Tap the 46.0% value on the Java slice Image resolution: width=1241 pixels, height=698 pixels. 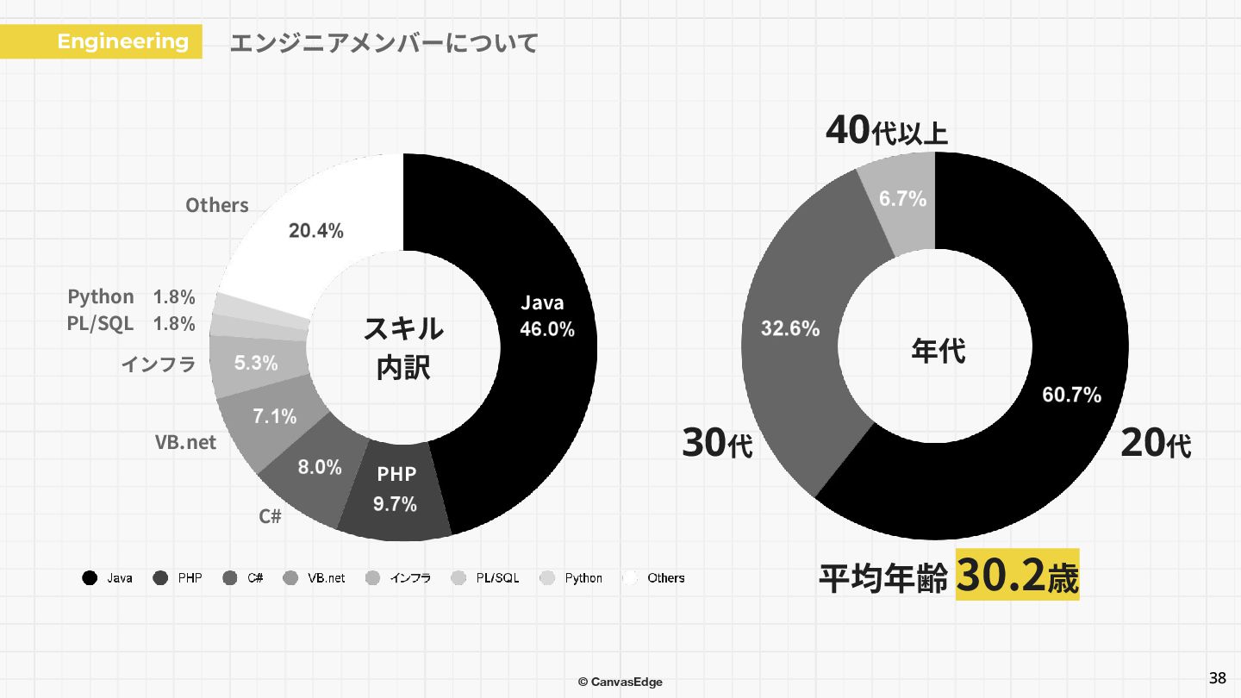pyautogui.click(x=546, y=329)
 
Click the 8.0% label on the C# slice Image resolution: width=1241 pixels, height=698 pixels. pyautogui.click(x=320, y=467)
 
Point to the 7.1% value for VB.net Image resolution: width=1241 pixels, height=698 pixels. pyautogui.click(x=274, y=416)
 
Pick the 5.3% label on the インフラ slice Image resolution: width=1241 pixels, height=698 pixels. pyautogui.click(x=256, y=363)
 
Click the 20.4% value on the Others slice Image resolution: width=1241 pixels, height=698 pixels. pyautogui.click(x=315, y=231)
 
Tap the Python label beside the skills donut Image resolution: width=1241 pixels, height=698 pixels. pyautogui.click(x=101, y=297)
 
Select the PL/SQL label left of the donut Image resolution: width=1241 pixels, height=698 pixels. pyautogui.click(x=100, y=324)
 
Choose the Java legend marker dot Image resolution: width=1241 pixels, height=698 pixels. pyautogui.click(x=89, y=578)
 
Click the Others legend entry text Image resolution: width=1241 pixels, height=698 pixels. pyautogui.click(x=665, y=578)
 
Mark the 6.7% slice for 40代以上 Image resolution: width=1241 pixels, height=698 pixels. pyautogui.click(x=902, y=199)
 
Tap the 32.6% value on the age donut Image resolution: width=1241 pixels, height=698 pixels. pyautogui.click(x=789, y=328)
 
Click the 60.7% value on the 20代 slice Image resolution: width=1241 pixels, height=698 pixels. pyautogui.click(x=1071, y=395)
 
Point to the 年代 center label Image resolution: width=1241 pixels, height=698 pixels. pyautogui.click(x=938, y=351)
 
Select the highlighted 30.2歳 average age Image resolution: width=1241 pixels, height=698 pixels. pyautogui.click(x=1017, y=576)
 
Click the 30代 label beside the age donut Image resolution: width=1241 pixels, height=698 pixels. pyautogui.click(x=717, y=444)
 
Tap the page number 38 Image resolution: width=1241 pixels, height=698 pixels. pyautogui.click(x=1217, y=677)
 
